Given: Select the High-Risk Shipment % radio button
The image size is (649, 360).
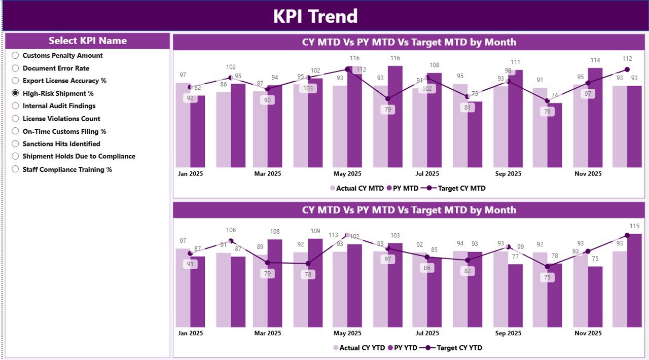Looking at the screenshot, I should point(15,93).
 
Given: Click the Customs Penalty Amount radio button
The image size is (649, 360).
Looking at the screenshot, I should point(15,55).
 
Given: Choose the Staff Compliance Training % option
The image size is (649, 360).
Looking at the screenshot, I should point(15,169).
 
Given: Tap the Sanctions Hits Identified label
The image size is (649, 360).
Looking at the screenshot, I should point(61,144).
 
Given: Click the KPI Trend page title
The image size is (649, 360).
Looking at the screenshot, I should point(315,16).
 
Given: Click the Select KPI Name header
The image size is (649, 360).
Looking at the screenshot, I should point(88,41).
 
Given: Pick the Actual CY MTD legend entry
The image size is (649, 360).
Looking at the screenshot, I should point(357,188).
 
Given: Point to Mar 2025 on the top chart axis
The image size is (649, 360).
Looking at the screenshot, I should point(267,174).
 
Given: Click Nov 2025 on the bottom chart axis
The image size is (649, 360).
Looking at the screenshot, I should point(588,333).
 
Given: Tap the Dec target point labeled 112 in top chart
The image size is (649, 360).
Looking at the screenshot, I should point(627,69).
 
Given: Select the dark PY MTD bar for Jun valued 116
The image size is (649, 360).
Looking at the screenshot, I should point(395,117).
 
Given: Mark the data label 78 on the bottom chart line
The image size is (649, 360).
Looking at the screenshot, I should point(308,274).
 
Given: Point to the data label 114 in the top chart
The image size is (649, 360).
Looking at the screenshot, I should point(595,61).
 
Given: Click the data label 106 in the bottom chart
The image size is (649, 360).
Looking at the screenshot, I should point(231,230).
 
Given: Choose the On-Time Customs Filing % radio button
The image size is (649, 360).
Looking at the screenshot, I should point(15,131).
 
